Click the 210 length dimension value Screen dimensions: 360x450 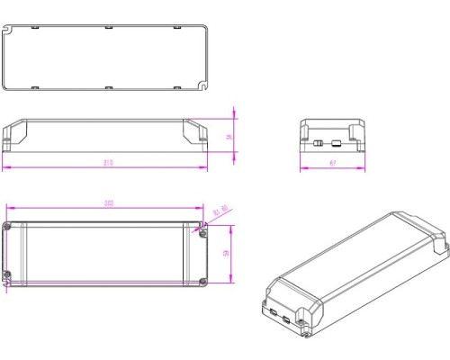point(108,162)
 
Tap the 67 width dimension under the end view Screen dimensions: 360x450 point(332,162)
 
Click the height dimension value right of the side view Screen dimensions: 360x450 point(229,137)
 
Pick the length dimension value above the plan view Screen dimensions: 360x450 point(108,203)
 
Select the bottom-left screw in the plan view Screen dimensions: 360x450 point(8,275)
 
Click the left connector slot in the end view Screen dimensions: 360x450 point(318,142)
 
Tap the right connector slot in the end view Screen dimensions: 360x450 point(336,142)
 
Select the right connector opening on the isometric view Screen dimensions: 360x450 point(287,318)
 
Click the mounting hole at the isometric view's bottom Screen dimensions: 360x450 point(307,339)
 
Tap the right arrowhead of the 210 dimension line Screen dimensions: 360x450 point(205,168)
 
